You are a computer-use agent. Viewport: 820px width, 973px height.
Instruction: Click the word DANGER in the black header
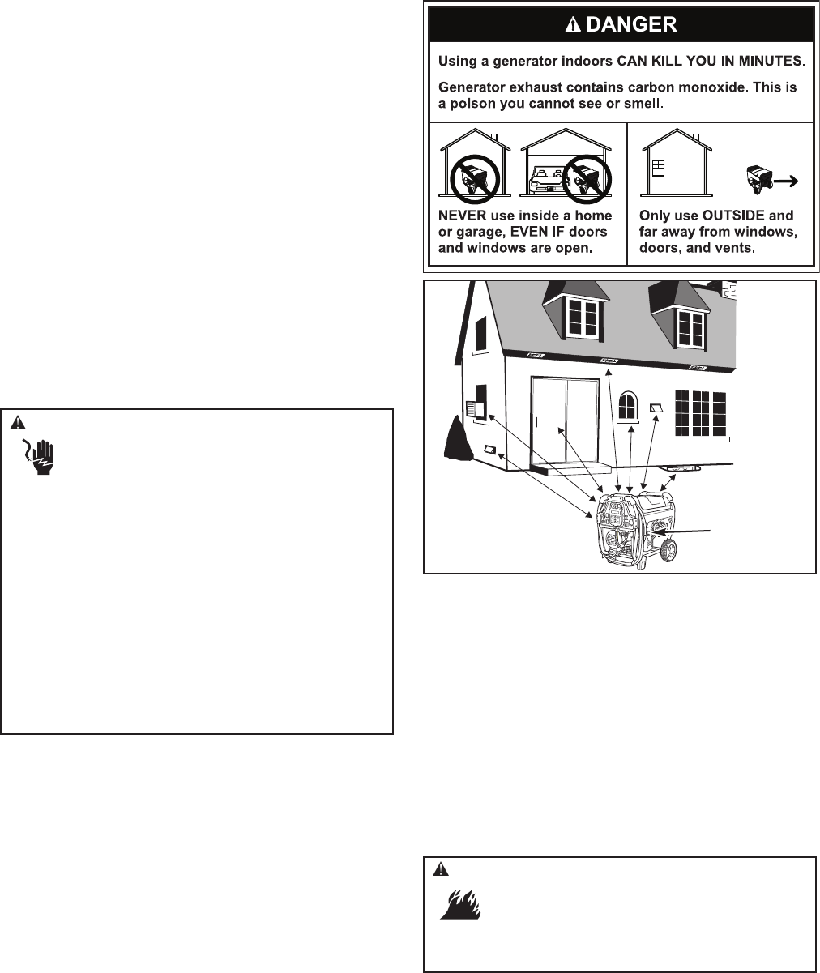(630, 23)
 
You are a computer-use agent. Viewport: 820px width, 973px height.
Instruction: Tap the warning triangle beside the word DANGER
(572, 23)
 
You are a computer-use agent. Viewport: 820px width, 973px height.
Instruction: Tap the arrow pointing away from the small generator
(784, 182)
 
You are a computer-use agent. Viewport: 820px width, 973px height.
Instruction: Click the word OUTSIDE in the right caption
(727, 216)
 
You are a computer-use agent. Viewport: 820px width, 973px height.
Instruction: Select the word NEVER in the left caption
(465, 216)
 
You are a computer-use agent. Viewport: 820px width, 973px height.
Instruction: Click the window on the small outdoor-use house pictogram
(659, 168)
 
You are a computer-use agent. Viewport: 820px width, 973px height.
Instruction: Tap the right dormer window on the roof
(690, 326)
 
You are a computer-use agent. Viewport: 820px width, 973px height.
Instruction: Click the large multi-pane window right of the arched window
(702, 414)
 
